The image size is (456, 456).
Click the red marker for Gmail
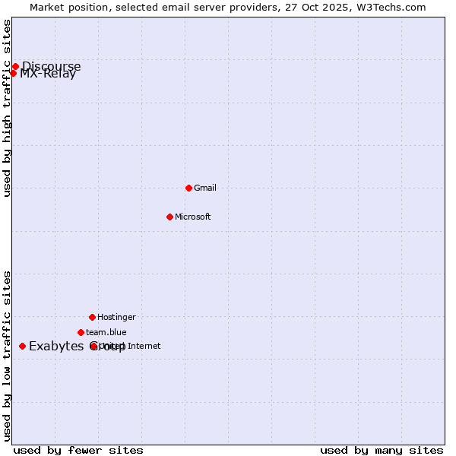[x=188, y=188]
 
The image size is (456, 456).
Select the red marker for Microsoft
[x=169, y=217]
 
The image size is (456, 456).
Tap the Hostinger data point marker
[x=92, y=317]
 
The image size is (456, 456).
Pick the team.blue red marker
[x=81, y=332]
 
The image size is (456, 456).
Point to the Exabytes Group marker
[x=22, y=346]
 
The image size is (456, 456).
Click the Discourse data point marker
[x=15, y=66]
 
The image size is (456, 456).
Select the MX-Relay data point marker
[x=13, y=73]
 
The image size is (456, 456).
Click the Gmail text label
[x=205, y=188]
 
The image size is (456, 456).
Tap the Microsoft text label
[x=192, y=217]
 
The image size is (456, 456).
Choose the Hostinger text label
[x=116, y=317]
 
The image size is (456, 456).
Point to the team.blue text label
[x=106, y=332]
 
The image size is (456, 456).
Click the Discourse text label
[x=51, y=66]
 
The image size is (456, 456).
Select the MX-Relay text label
[x=48, y=74]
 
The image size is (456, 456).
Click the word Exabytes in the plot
[x=56, y=347]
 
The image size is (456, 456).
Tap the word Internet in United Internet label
[x=144, y=346]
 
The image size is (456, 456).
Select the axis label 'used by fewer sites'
[x=78, y=450]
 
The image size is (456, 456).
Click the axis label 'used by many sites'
[x=382, y=450]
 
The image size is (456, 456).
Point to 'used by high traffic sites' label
[x=8, y=108]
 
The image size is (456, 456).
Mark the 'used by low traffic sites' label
[x=8, y=356]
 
